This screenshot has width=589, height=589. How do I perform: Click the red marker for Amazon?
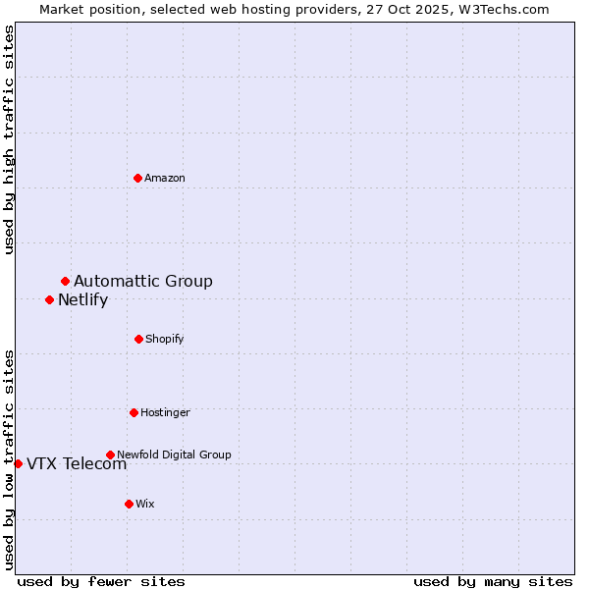pos(137,178)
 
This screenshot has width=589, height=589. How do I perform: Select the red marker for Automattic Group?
pos(65,282)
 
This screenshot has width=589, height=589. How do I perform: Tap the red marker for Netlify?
pos(49,299)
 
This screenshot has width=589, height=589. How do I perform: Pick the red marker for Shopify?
pos(138,339)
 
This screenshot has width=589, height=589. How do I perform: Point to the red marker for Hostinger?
pos(134,412)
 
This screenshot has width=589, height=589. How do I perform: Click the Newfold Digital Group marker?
pos(110,455)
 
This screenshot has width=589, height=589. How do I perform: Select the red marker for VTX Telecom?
pos(18,463)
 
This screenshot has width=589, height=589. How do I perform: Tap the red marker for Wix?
pos(129,504)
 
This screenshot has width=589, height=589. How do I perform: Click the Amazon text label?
pos(165,179)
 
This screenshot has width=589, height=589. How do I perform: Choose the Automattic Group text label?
pos(143,282)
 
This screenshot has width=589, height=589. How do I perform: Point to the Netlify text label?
pos(82,300)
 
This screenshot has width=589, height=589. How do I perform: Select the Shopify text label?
pos(165,340)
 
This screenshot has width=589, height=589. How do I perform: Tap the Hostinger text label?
pos(165,413)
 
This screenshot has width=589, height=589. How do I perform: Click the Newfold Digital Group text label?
pos(174,455)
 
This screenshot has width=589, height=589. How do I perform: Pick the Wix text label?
pos(145,505)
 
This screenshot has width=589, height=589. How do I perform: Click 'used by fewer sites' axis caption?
pos(101,582)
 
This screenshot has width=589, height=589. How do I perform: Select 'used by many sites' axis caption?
pos(493,582)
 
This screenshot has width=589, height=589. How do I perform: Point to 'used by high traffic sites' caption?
pos(10,139)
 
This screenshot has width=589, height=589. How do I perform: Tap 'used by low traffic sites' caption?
pos(10,458)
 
